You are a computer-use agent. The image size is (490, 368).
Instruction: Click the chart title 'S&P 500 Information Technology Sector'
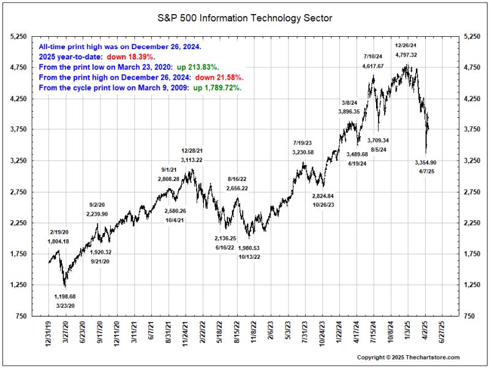point(245,18)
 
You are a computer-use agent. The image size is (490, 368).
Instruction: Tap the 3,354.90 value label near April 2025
point(425,163)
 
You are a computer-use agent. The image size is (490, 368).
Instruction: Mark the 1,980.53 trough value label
point(249,248)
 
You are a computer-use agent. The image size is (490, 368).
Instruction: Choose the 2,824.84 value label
point(323,196)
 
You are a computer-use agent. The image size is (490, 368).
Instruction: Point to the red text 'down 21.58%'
point(219,78)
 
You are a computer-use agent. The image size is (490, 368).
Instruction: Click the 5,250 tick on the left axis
point(23,37)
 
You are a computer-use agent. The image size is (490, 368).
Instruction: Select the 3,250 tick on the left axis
point(23,161)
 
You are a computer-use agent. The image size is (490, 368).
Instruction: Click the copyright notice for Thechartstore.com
point(408,357)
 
